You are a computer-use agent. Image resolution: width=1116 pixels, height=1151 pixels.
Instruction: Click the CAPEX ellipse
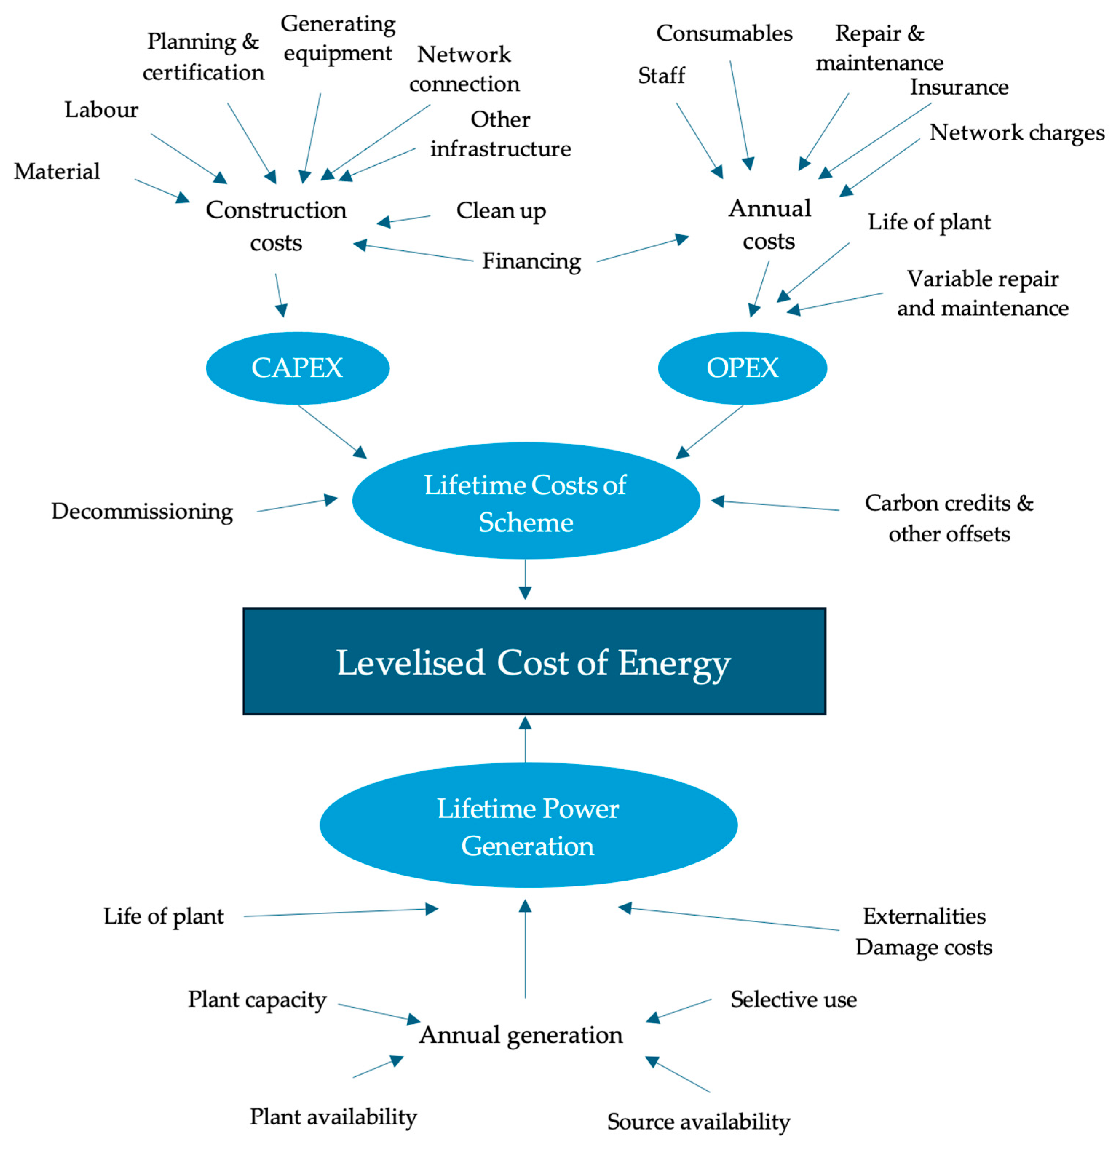pyautogui.click(x=297, y=368)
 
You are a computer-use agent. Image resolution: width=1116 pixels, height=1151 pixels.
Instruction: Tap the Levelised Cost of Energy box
pyautogui.click(x=534, y=661)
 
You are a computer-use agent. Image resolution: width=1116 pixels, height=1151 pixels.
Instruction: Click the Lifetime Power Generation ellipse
pyautogui.click(x=528, y=826)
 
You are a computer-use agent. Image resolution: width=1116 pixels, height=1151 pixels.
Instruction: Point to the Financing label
pyautogui.click(x=531, y=261)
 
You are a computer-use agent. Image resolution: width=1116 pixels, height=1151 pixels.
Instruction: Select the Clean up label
pyautogui.click(x=500, y=210)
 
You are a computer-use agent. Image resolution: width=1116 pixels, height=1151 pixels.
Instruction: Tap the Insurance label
pyautogui.click(x=959, y=87)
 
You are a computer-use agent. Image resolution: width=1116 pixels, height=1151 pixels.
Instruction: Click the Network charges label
pyautogui.click(x=1016, y=132)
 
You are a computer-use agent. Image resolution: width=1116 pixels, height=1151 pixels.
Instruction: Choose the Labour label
pyautogui.click(x=101, y=110)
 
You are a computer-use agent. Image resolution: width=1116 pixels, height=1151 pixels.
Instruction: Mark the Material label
pyautogui.click(x=57, y=171)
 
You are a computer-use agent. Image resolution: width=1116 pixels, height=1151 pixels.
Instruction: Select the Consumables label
pyautogui.click(x=724, y=33)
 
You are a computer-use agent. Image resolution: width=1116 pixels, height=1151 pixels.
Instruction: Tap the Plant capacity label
pyautogui.click(x=257, y=1000)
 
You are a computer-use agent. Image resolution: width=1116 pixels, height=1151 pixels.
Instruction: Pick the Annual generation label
pyautogui.click(x=521, y=1035)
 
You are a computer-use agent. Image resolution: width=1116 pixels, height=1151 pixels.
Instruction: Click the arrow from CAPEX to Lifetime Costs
pyautogui.click(x=332, y=432)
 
